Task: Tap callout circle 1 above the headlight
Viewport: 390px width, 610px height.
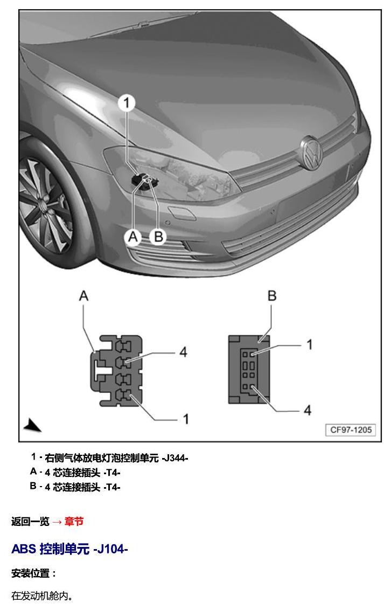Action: (x=127, y=103)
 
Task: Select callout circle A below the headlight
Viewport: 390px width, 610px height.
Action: (x=134, y=237)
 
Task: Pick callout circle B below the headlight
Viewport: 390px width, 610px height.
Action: (x=158, y=237)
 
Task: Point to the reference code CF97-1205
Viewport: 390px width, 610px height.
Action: (x=351, y=430)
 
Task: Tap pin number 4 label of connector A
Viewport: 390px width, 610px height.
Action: (x=183, y=352)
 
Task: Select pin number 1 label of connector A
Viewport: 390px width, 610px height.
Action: (x=186, y=419)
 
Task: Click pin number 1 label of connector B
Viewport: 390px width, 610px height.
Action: (x=310, y=344)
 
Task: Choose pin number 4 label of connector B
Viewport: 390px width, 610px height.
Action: (x=308, y=410)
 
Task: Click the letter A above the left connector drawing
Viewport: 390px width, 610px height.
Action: (x=83, y=296)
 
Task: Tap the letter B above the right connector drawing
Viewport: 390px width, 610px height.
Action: (x=272, y=296)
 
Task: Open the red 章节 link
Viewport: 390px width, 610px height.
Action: (x=74, y=521)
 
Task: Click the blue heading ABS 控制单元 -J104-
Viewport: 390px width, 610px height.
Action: (x=69, y=549)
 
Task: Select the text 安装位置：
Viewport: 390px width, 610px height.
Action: (x=34, y=573)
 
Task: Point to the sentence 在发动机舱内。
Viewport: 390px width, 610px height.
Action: (x=42, y=595)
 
